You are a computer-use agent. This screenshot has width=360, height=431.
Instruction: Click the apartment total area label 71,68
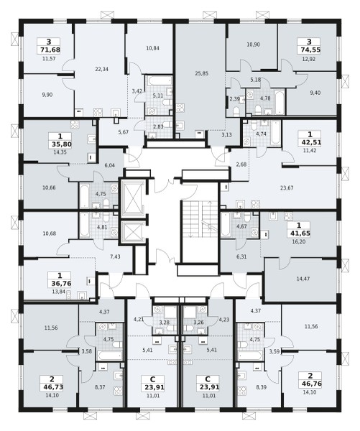(x=49, y=50)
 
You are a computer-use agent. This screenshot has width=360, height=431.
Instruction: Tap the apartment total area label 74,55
(x=309, y=50)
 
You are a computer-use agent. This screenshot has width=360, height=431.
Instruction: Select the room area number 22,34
(x=102, y=69)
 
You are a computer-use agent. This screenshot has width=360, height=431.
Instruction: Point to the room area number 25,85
(x=202, y=73)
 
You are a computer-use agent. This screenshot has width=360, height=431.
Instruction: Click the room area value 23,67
(x=287, y=188)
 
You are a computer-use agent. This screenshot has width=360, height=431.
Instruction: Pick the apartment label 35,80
(x=60, y=144)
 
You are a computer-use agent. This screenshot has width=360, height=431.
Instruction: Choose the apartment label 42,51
(x=310, y=143)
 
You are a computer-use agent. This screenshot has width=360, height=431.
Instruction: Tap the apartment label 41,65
(x=298, y=233)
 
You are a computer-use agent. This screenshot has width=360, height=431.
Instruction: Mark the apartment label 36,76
(x=60, y=284)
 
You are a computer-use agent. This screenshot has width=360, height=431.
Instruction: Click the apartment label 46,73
(x=52, y=387)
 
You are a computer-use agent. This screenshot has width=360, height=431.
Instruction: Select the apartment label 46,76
(x=310, y=384)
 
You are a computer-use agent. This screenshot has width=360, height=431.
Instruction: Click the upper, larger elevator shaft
(x=132, y=198)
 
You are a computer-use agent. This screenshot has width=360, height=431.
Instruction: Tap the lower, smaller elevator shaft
(x=132, y=231)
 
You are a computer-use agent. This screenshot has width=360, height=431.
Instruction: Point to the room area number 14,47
(x=303, y=279)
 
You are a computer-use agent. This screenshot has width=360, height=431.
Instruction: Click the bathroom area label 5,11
(x=158, y=96)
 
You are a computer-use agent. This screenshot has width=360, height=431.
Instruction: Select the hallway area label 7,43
(x=115, y=256)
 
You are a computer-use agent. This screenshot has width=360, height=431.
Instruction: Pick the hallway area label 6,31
(x=241, y=256)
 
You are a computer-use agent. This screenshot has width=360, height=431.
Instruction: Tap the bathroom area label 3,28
(x=165, y=323)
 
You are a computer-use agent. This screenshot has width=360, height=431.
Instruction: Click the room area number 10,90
(x=253, y=45)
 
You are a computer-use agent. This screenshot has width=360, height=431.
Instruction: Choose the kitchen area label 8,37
(x=100, y=387)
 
